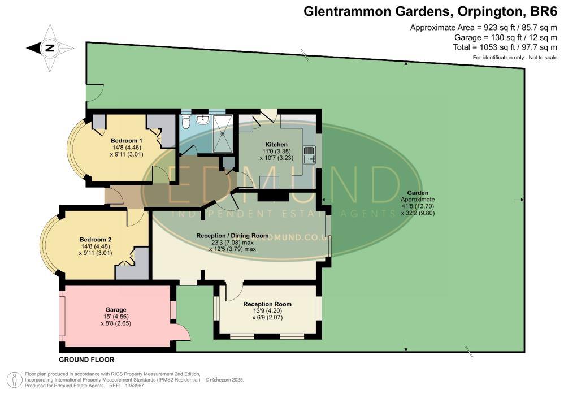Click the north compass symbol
tap(50, 48)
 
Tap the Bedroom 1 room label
tap(126, 140)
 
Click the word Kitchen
tap(276, 145)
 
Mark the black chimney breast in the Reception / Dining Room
tap(272, 196)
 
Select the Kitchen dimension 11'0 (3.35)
tap(277, 152)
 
